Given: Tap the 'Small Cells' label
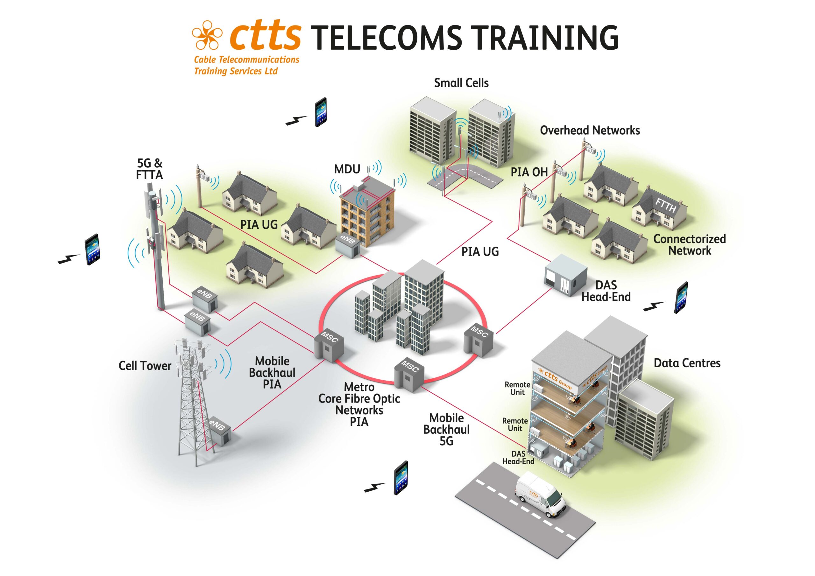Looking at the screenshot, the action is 461,83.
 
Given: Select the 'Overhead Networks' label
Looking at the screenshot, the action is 590,130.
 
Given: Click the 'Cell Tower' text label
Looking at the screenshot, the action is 145,366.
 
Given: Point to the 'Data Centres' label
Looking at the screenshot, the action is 687,363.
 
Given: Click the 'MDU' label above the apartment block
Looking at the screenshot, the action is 347,169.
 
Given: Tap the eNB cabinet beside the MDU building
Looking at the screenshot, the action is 348,245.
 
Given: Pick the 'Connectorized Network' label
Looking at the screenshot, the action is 689,244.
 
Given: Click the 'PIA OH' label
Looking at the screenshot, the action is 529,172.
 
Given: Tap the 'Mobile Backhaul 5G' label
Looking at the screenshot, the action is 446,429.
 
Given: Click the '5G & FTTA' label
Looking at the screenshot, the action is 149,169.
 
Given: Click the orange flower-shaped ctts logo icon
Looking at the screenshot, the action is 207,35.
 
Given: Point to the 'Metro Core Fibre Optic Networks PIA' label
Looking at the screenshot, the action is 359,404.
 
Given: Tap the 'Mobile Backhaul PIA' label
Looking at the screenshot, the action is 272,372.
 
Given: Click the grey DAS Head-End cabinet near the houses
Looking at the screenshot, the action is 566,275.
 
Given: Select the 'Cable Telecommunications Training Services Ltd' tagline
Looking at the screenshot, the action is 246,65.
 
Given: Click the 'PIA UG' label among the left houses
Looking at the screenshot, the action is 259,224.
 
